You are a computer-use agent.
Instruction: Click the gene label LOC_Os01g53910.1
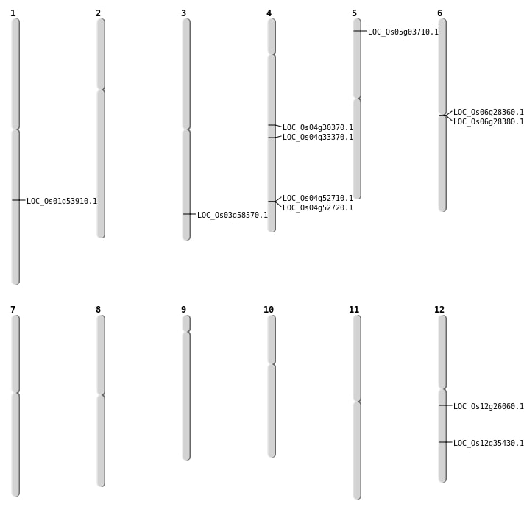coord(62,202)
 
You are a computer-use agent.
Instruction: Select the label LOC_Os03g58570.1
coord(233,216)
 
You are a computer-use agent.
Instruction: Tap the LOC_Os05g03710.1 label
coord(403,32)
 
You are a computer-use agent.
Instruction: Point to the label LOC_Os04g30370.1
coord(318,128)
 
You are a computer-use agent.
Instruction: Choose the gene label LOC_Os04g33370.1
coord(318,138)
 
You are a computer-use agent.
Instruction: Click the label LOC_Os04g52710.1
coord(318,199)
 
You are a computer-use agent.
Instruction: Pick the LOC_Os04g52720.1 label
coord(318,208)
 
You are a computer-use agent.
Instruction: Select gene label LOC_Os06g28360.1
coord(489,113)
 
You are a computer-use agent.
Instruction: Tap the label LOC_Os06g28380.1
coord(489,122)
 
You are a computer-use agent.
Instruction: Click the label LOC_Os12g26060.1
coord(489,407)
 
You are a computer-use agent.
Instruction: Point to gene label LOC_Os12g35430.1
coord(489,444)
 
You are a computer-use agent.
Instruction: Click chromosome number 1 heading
coord(13,13)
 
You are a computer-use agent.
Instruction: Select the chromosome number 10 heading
coord(269,310)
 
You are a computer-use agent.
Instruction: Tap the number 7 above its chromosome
coord(13,310)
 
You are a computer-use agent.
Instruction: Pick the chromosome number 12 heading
coord(439,310)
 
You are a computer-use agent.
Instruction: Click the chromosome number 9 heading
coord(183,310)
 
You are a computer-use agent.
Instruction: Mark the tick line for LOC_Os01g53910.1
coord(18,200)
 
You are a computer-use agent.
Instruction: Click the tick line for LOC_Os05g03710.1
coord(360,31)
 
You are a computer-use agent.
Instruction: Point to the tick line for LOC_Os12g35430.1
coord(445,442)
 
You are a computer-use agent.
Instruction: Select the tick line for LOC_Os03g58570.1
coord(189,214)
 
